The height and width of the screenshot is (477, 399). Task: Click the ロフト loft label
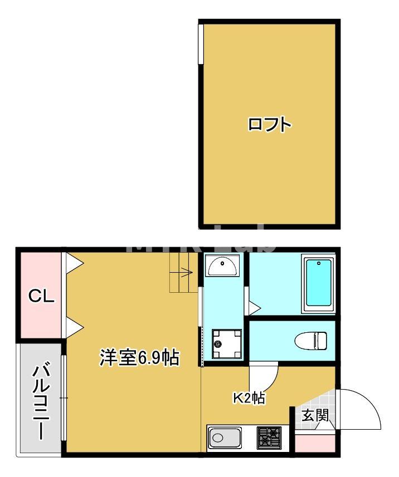(270, 124)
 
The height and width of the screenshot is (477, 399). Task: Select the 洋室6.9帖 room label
(139, 357)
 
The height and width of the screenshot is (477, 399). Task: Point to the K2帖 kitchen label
(249, 398)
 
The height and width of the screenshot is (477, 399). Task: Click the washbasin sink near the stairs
(222, 267)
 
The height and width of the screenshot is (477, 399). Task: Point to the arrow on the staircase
(186, 273)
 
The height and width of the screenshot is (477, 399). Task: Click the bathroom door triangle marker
(254, 307)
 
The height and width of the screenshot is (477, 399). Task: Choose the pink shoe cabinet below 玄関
(315, 444)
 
